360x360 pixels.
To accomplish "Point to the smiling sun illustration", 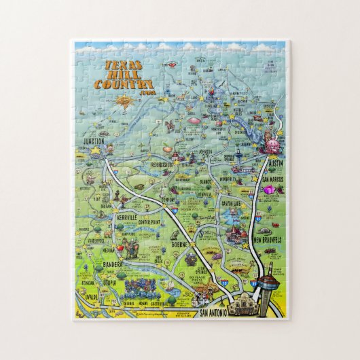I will tap(123, 102).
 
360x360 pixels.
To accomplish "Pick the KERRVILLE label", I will tap(127, 217).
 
